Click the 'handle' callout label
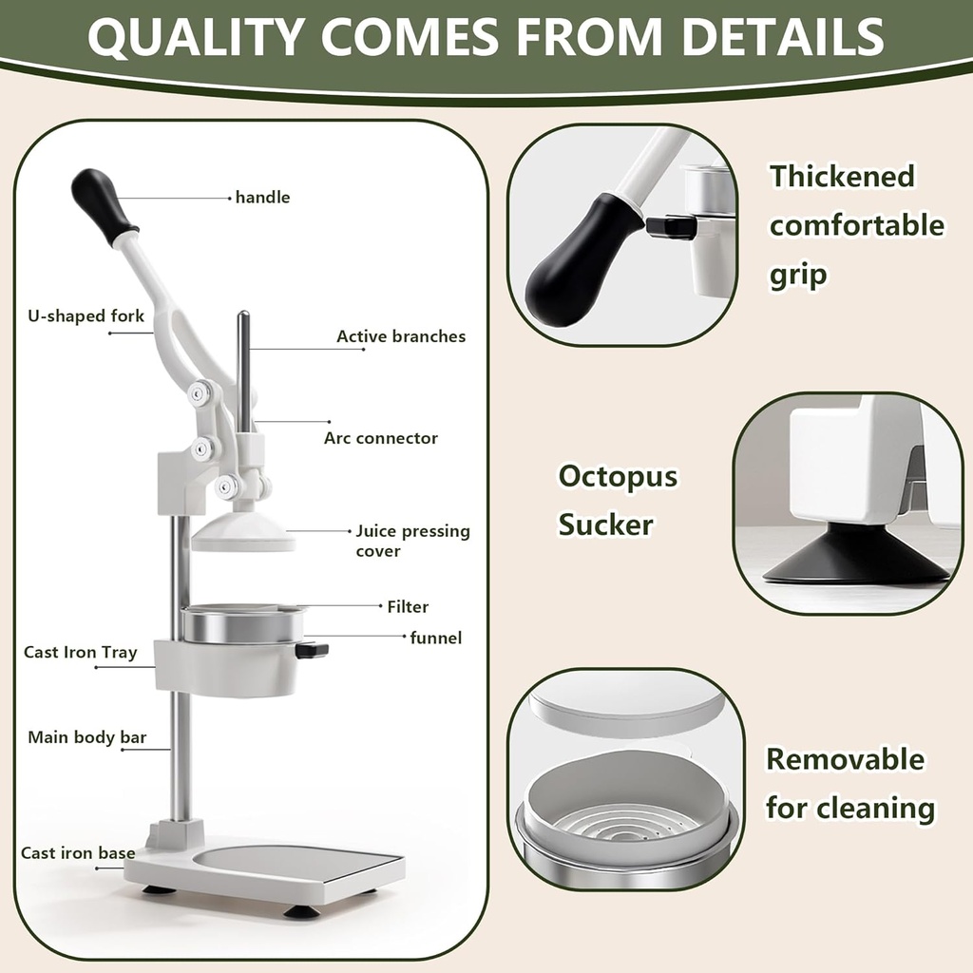[x=262, y=198]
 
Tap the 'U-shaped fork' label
[x=86, y=315]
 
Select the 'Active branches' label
[x=401, y=336]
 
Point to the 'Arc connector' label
[x=380, y=438]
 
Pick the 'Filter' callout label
[x=408, y=606]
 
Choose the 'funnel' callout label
[x=435, y=638]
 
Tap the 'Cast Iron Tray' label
[x=80, y=653]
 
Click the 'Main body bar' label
[x=86, y=737]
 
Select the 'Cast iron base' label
[x=78, y=853]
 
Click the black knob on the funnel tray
[x=312, y=650]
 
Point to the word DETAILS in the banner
[x=783, y=36]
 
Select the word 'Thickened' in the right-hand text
[x=842, y=177]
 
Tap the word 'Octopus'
[x=618, y=475]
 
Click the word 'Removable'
[x=845, y=759]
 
